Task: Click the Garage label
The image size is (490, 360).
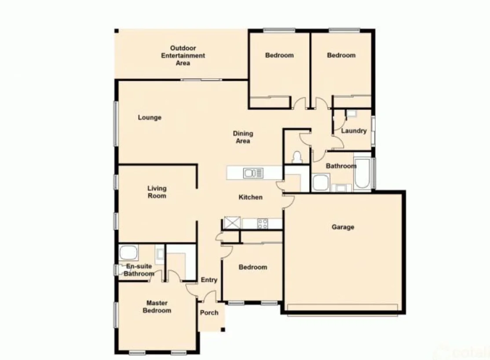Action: tap(343, 227)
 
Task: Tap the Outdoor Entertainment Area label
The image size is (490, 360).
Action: tap(183, 56)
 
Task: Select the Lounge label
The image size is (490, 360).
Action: tap(150, 118)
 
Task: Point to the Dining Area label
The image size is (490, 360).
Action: tap(243, 137)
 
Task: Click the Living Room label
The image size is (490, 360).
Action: tap(157, 192)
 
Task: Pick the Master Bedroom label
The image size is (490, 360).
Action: tap(159, 307)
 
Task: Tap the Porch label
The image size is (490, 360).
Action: tap(209, 313)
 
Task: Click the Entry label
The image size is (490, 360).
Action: tap(209, 280)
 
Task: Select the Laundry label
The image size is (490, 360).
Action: tap(354, 131)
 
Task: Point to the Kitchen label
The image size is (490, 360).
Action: tap(250, 197)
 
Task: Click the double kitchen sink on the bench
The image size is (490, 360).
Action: tap(253, 173)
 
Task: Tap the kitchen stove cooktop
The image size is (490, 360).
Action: tap(263, 224)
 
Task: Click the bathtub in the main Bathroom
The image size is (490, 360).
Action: tap(362, 174)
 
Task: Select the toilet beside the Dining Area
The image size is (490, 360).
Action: tap(297, 157)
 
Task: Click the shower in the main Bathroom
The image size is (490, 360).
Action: tap(321, 182)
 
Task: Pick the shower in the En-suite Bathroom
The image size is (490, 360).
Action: tap(128, 253)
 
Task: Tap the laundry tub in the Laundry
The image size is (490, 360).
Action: tap(351, 114)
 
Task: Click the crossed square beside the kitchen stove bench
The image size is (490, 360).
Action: tap(231, 223)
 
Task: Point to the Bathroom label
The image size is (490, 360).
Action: tap(340, 166)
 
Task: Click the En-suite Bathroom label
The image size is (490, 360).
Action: tap(139, 270)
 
